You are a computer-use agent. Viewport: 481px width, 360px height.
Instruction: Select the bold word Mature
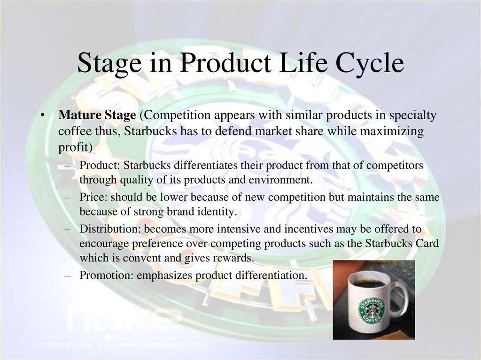pyautogui.click(x=80, y=115)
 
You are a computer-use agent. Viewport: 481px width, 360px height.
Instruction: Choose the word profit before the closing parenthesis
pyautogui.click(x=73, y=148)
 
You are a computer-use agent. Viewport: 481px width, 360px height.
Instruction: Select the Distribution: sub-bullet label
pyautogui.click(x=110, y=229)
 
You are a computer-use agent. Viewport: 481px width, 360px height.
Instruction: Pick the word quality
pyautogui.click(x=136, y=180)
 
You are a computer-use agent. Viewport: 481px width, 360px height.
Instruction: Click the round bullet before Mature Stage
pyautogui.click(x=42, y=115)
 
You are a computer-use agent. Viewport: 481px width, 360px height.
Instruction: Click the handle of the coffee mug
pyautogui.click(x=401, y=299)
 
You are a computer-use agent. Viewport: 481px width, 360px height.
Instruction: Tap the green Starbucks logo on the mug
pyautogui.click(x=371, y=310)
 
